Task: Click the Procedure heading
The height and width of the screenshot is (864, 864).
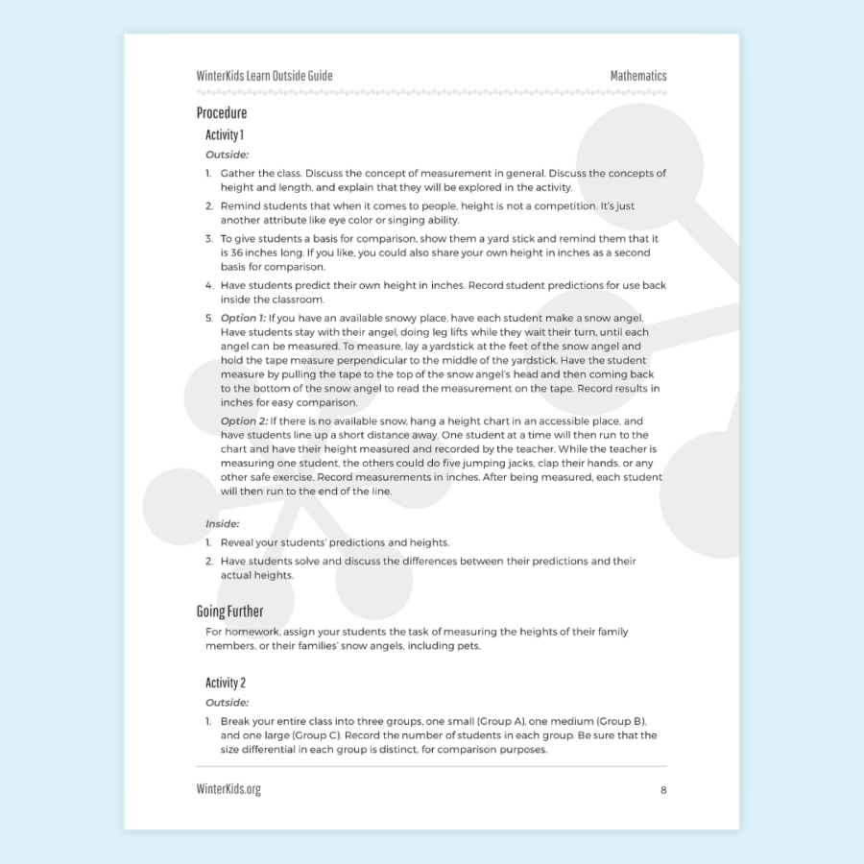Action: tap(222, 113)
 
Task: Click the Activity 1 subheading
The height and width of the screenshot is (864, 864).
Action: tap(225, 135)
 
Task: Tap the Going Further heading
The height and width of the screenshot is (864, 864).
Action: tap(229, 612)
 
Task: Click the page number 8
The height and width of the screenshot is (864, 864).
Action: tap(662, 790)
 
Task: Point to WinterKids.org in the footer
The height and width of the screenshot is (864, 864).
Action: tap(228, 789)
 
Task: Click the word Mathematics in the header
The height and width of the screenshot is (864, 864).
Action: tap(637, 76)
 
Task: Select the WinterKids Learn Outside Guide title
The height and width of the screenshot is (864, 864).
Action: tap(265, 76)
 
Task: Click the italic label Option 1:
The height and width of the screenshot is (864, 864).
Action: tap(243, 318)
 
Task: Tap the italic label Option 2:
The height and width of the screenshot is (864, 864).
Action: tap(244, 421)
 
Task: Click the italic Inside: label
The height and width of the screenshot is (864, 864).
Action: tap(223, 524)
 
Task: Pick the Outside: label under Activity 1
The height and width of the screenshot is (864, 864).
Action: tap(228, 154)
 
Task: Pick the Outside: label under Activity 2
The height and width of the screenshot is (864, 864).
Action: tap(228, 702)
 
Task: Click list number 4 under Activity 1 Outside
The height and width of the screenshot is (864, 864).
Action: tap(209, 285)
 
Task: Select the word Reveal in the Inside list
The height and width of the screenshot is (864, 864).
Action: tap(239, 542)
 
